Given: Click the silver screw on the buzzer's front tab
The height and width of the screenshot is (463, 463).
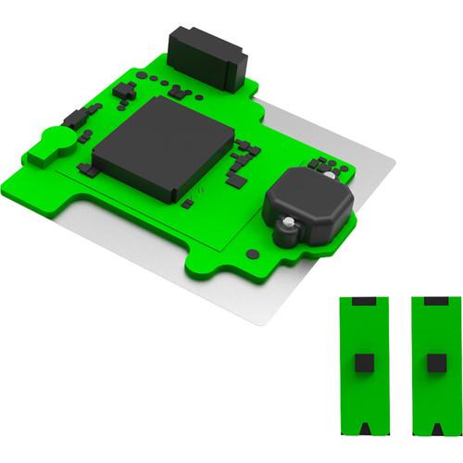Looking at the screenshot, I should [290, 222].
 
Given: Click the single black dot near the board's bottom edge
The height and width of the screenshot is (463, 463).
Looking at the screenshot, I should [252, 254].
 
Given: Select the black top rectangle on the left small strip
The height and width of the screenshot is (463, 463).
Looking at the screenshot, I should [363, 302].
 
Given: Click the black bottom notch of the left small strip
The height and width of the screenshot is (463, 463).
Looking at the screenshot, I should [363, 429].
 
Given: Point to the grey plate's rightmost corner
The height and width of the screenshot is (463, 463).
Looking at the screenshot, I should [394, 167].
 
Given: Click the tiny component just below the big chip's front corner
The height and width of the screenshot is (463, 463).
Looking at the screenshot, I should [188, 202].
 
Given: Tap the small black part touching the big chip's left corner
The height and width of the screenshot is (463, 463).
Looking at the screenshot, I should [88, 169].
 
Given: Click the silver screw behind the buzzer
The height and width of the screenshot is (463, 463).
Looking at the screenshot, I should [326, 174].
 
